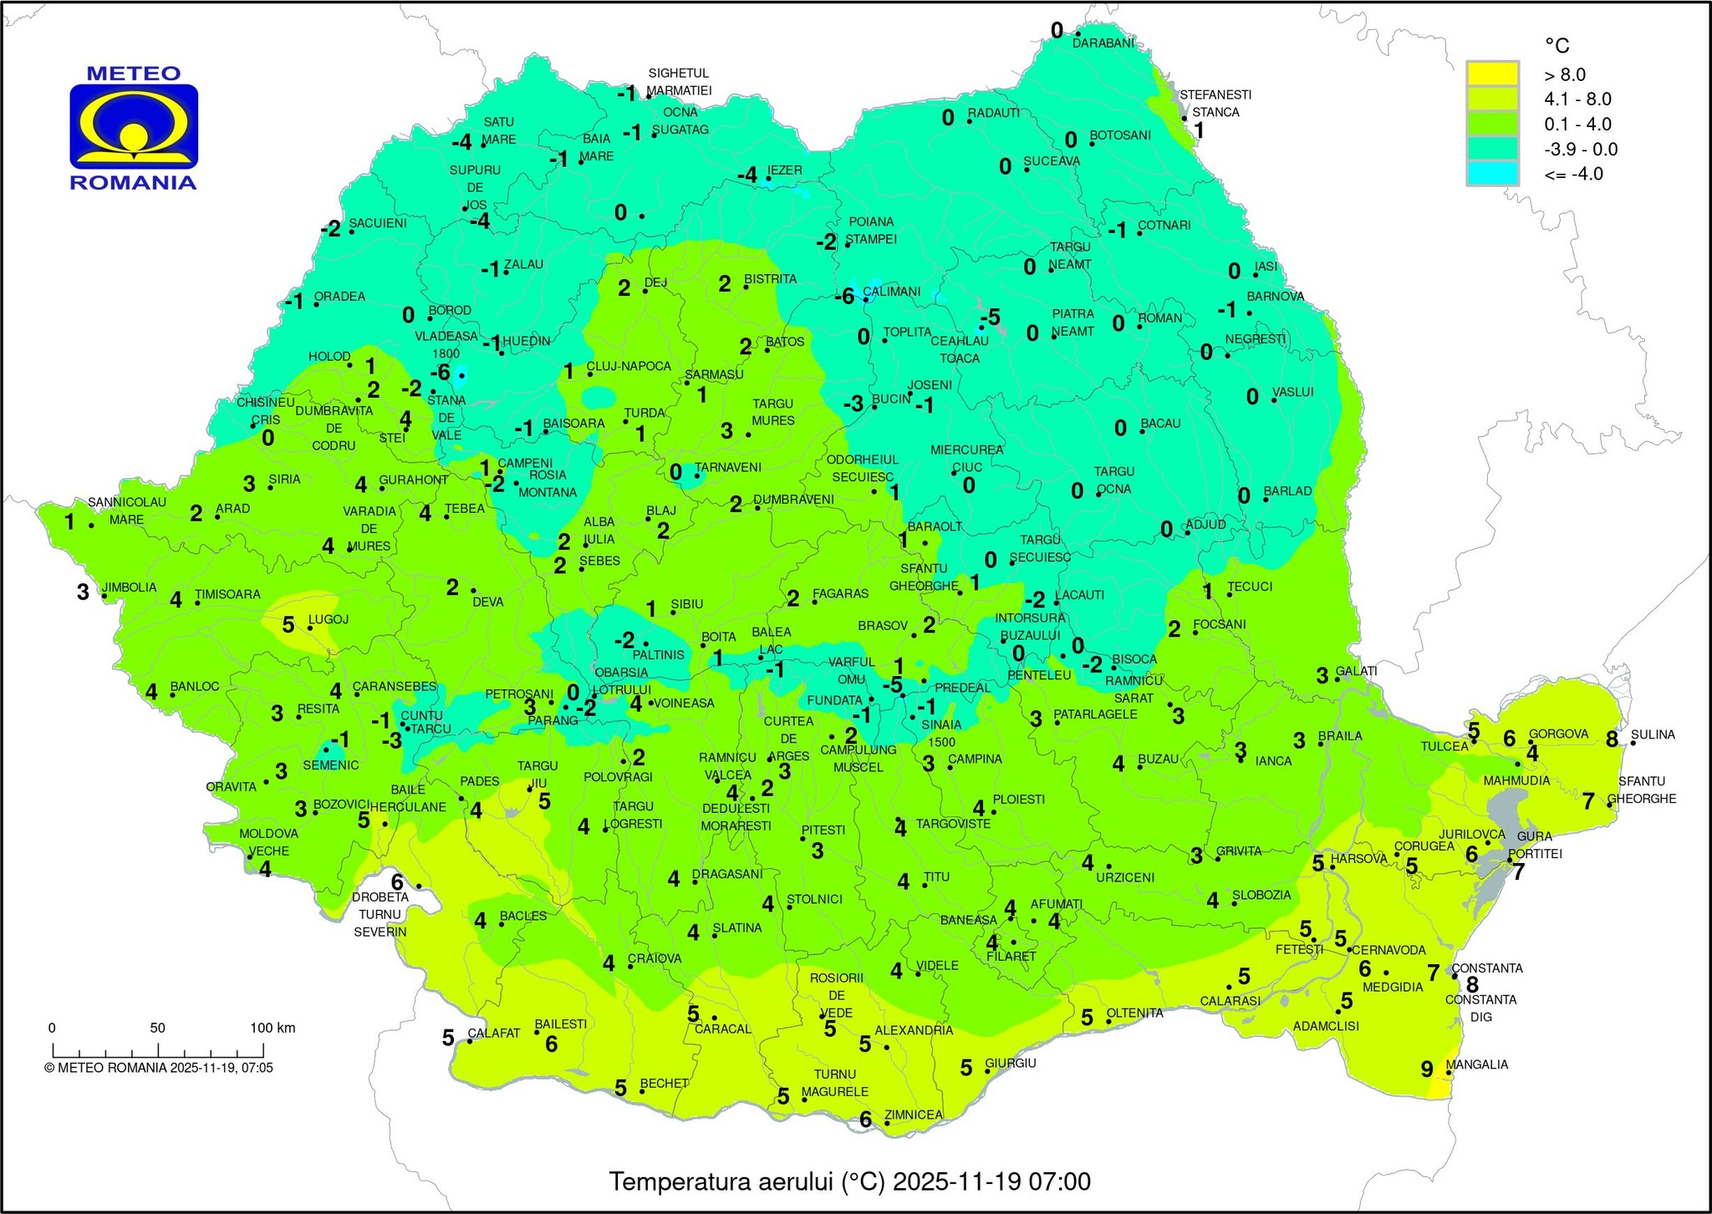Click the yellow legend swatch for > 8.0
1492,74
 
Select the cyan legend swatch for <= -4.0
1492,174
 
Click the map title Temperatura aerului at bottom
849,1181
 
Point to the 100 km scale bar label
273,1028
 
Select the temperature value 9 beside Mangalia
1427,1068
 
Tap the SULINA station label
1653,734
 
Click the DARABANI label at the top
1103,43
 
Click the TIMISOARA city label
227,595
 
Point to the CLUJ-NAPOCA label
629,366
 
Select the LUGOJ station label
329,620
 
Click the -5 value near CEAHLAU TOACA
991,317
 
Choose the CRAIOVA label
655,958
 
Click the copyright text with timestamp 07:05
159,1068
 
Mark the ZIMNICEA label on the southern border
913,1115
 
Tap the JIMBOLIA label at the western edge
129,587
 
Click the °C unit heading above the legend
1557,45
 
